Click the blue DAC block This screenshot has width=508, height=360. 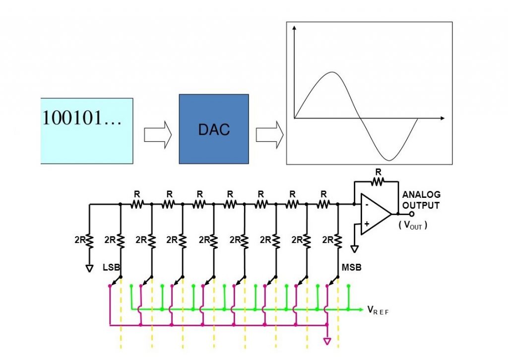click(x=214, y=129)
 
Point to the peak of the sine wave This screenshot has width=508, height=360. click(x=331, y=72)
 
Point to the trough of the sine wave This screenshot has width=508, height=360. click(x=390, y=160)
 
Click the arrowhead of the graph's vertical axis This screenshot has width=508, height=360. click(x=295, y=29)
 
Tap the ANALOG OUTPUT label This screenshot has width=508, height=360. click(x=421, y=200)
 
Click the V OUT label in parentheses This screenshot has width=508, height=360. click(x=413, y=225)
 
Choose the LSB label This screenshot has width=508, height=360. click(x=112, y=267)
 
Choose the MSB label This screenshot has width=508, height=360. click(x=351, y=267)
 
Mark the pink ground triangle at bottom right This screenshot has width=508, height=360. click(x=326, y=341)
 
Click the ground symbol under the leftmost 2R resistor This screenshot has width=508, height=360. click(x=89, y=268)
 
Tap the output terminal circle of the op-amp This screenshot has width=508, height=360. click(x=411, y=214)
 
